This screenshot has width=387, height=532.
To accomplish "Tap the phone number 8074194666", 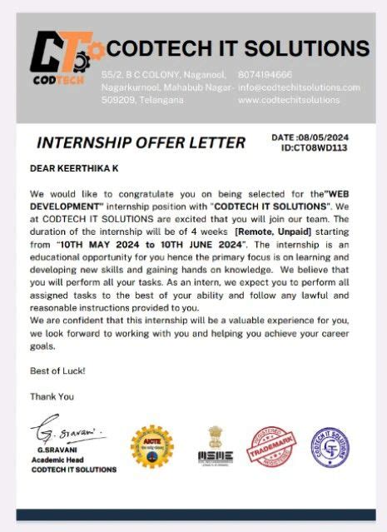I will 265,74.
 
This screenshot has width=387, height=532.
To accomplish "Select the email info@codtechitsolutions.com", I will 299,87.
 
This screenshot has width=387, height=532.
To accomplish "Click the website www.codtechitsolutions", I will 289,100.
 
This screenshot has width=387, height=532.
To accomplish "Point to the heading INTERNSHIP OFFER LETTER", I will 141,142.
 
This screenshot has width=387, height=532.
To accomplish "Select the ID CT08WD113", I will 315,148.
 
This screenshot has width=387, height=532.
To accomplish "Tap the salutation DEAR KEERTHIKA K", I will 74,168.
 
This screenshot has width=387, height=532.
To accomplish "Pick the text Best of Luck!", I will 57,370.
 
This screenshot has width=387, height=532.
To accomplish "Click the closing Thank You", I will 52,396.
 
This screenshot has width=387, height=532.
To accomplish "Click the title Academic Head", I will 59,460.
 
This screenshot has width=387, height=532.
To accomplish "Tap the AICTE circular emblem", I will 152,447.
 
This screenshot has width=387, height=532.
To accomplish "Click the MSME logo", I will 215,447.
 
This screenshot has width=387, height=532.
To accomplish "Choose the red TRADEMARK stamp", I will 271,447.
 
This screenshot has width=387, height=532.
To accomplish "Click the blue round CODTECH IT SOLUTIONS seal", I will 330,447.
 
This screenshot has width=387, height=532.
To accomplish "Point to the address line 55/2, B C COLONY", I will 138,74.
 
